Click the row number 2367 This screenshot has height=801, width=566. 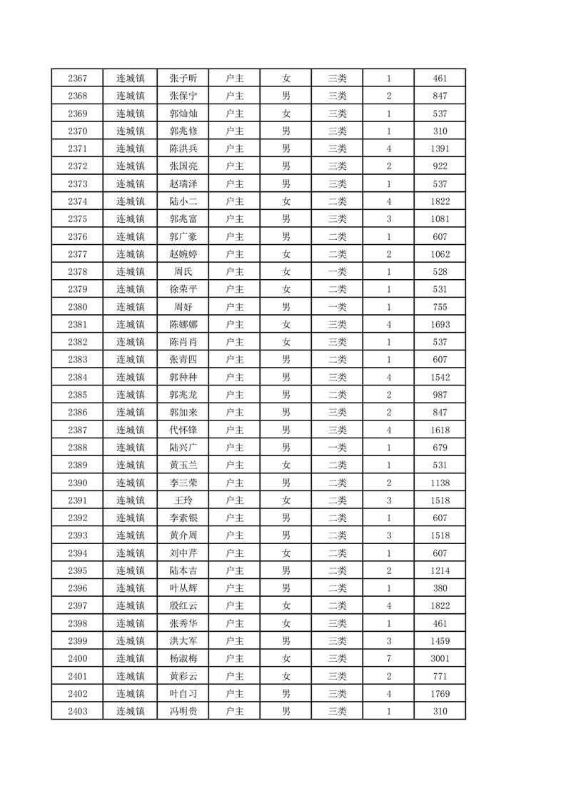77,78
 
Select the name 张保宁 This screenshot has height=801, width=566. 183,96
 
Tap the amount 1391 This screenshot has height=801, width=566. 440,148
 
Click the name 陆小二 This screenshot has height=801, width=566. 183,201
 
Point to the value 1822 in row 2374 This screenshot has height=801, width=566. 440,201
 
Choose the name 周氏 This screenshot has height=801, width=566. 183,271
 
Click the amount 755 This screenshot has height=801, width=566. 440,307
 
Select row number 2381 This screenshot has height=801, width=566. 77,324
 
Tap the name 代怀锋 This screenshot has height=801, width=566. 183,430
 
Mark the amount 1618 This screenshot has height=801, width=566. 440,430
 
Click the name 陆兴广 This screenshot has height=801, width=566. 183,448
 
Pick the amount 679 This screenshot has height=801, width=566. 440,448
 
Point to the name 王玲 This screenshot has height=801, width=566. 183,500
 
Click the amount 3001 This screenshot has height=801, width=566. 440,658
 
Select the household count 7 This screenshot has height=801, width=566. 388,658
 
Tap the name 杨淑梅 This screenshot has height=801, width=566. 183,658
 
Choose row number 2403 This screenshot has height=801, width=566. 77,711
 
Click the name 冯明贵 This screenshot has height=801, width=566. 183,711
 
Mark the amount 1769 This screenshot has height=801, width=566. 440,694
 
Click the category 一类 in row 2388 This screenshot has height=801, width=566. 337,448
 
